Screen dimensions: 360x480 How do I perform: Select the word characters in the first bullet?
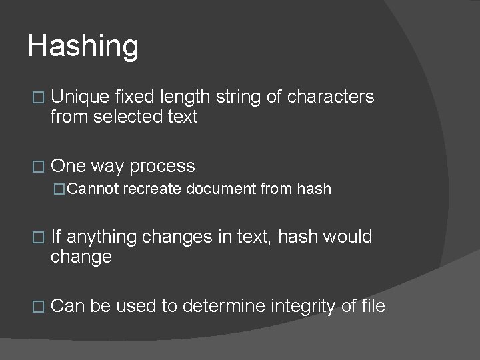331,97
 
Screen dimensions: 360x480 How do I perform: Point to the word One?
67,166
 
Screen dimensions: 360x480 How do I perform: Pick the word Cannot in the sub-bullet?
93,189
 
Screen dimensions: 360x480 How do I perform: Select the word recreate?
152,189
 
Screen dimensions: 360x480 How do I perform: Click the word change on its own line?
81,257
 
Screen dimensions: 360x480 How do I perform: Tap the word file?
373,306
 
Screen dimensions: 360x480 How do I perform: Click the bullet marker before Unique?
37,98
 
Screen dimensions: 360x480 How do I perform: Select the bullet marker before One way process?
37,167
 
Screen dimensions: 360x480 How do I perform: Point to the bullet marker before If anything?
37,237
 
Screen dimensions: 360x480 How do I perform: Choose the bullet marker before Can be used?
37,307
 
